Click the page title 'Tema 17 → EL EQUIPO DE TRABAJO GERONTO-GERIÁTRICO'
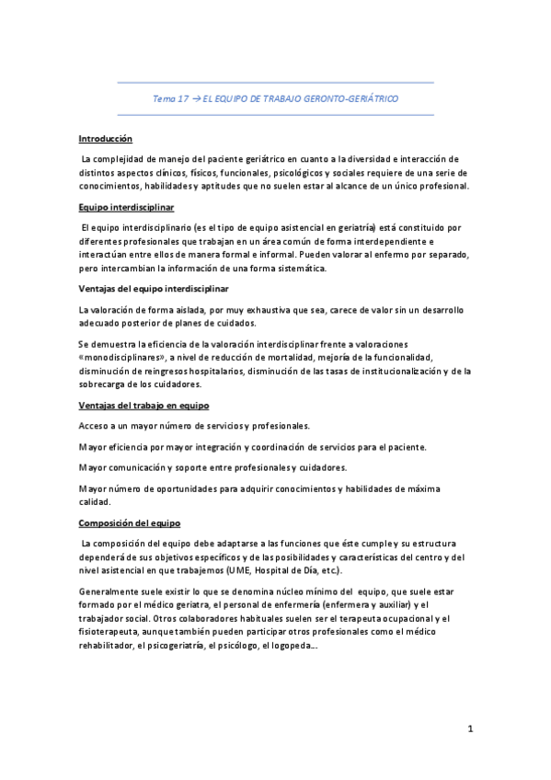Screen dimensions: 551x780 [275, 97]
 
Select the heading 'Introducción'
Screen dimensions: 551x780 [105, 139]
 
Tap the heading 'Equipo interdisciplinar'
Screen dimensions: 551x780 [126, 208]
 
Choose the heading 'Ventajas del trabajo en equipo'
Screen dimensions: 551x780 [143, 405]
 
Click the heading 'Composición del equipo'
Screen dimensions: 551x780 [129, 522]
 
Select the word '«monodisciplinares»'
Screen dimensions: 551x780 [117, 358]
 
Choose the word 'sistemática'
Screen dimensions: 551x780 [285, 269]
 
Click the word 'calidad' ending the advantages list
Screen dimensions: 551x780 [95, 501]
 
